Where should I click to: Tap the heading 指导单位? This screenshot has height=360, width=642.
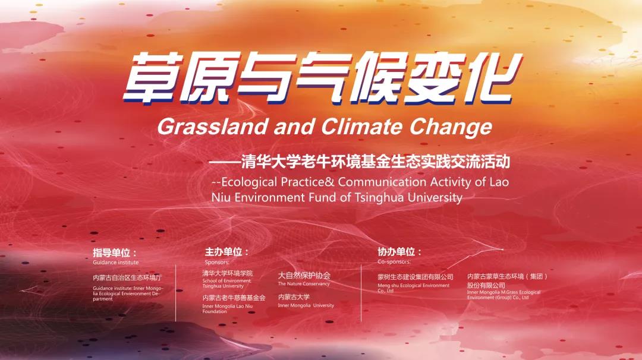pyautogui.click(x=114, y=252)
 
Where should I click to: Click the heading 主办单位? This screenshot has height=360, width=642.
pyautogui.click(x=226, y=252)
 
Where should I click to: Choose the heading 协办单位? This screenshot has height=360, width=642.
pyautogui.click(x=399, y=252)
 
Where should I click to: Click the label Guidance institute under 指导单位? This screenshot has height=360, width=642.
pyautogui.click(x=115, y=262)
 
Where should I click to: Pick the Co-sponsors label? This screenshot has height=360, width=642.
pyautogui.click(x=394, y=261)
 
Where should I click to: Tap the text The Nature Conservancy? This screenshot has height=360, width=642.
pyautogui.click(x=303, y=284)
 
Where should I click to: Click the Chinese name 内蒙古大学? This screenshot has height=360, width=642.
pyautogui.click(x=294, y=297)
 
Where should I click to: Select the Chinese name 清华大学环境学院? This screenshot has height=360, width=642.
pyautogui.click(x=227, y=273)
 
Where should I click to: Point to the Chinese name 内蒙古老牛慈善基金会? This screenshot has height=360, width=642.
pyautogui.click(x=234, y=298)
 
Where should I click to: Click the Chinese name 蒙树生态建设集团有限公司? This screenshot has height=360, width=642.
pyautogui.click(x=415, y=277)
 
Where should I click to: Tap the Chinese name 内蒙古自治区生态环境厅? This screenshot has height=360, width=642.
pyautogui.click(x=127, y=277)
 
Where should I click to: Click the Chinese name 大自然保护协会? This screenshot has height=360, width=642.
pyautogui.click(x=304, y=276)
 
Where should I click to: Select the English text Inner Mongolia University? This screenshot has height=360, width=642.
pyautogui.click(x=306, y=305)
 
